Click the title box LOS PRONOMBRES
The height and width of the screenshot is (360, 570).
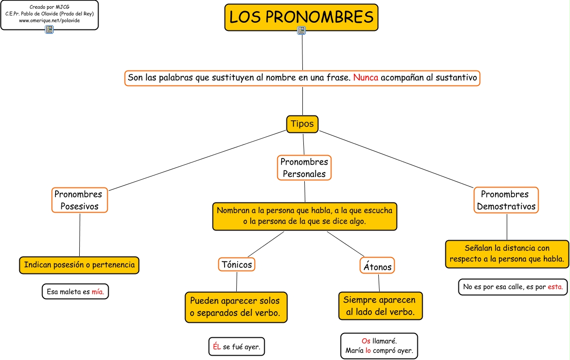(x=301, y=17)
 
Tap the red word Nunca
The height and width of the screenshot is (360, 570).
(x=365, y=77)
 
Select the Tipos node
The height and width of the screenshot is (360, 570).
(x=302, y=124)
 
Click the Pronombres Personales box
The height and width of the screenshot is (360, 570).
(x=304, y=168)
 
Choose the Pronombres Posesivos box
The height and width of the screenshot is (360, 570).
(x=79, y=200)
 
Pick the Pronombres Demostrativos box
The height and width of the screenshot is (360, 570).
(x=506, y=200)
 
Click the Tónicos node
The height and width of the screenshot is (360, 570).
(x=237, y=264)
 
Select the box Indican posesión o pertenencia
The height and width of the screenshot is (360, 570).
(x=79, y=265)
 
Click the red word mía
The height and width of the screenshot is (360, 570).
(x=98, y=292)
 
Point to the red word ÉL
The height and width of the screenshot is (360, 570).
(x=216, y=346)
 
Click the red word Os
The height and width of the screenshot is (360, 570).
(x=366, y=341)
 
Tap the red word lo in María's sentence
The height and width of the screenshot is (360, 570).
(x=368, y=351)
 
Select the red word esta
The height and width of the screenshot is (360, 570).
(x=555, y=287)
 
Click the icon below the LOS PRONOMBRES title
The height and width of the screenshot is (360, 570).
(x=302, y=31)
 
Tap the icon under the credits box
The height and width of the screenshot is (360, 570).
(x=49, y=30)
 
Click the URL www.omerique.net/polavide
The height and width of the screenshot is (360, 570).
(x=49, y=21)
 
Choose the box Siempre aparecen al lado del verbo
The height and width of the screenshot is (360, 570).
(x=380, y=306)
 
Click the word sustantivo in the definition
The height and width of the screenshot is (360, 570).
(x=456, y=77)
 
